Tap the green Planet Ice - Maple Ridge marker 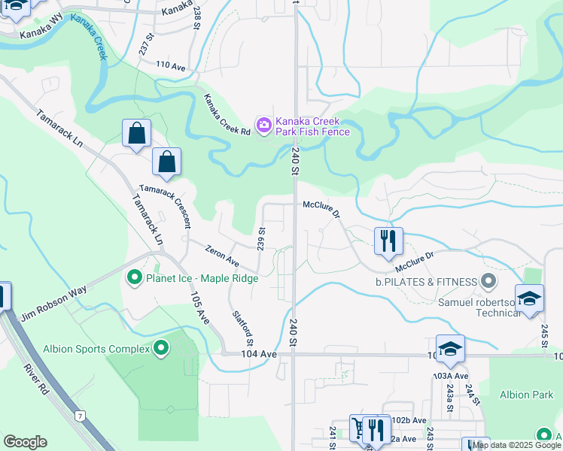click(x=135, y=278)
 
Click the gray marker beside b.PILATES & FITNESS click(x=488, y=282)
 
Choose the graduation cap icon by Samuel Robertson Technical click(x=529, y=298)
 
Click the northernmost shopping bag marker click(x=136, y=134)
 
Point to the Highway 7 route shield click(x=78, y=414)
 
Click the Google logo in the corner click(x=25, y=442)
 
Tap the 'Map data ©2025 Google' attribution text click(x=516, y=445)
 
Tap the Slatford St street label click(x=241, y=325)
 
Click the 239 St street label click(x=262, y=238)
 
